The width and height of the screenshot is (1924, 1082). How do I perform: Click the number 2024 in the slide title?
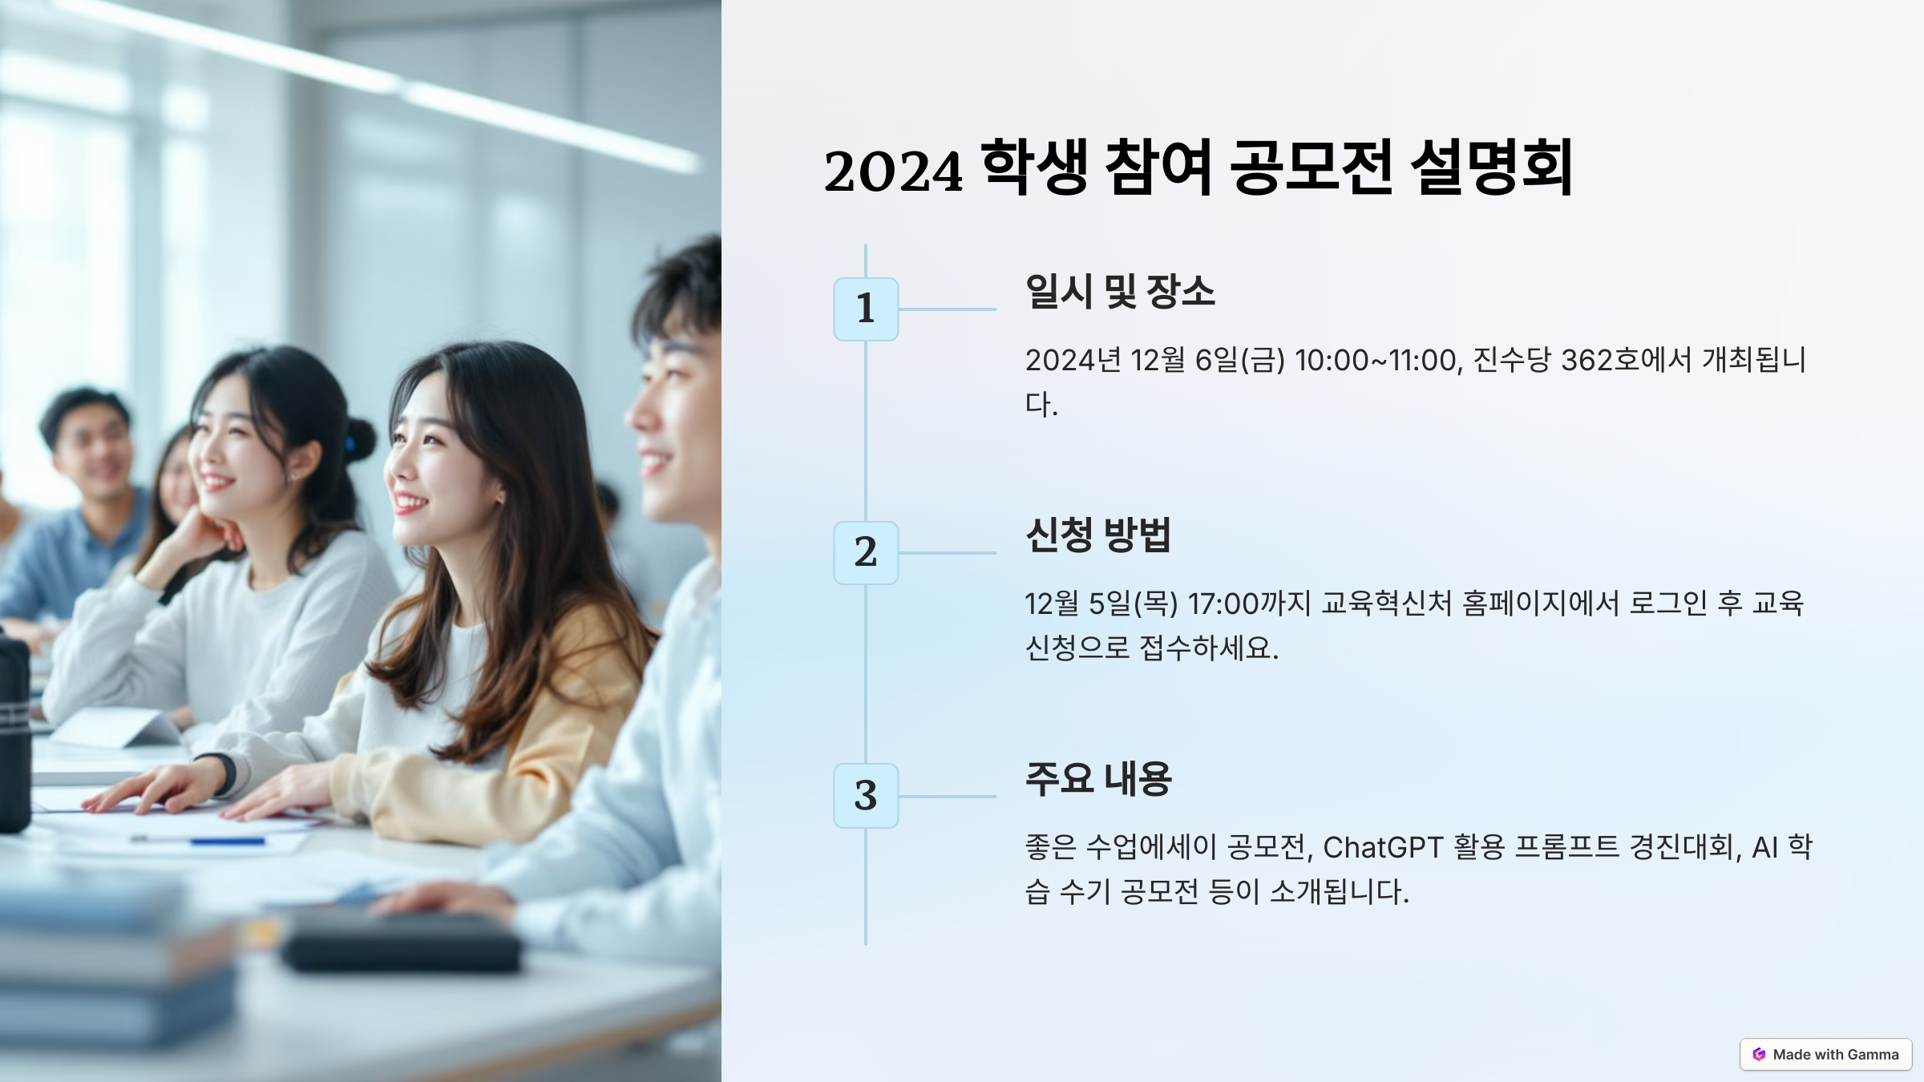click(893, 171)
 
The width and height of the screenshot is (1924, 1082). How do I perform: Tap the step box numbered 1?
click(866, 309)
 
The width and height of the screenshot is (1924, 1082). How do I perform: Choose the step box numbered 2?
click(866, 553)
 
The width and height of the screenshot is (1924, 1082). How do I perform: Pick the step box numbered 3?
click(866, 796)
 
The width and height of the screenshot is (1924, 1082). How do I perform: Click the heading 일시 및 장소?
click(1120, 292)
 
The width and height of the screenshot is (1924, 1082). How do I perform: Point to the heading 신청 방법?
click(1098, 535)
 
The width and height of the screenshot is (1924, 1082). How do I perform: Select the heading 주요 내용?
click(1098, 778)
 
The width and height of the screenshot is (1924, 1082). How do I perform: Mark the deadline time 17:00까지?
click(1249, 604)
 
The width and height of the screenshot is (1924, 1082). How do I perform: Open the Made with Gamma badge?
click(1825, 1055)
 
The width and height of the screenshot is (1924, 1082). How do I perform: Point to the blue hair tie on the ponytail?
click(350, 443)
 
